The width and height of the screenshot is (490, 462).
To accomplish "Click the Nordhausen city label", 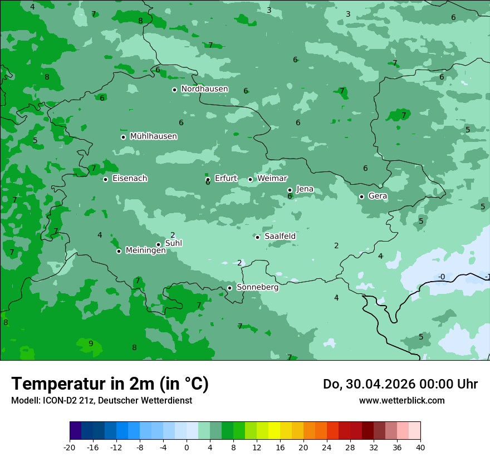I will [204, 89].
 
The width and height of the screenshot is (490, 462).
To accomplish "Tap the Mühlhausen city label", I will [153, 136].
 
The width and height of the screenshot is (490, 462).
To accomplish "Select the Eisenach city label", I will [130, 179].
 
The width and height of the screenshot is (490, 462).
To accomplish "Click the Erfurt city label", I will [226, 179].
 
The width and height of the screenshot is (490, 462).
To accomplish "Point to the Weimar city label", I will [272, 179].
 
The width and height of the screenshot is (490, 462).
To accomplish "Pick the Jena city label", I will [305, 189].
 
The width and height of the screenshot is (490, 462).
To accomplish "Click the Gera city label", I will [378, 196].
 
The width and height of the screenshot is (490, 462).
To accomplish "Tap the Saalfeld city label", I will [280, 237].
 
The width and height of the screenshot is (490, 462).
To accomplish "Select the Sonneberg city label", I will [257, 288].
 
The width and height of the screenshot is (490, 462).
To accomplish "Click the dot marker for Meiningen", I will [119, 251].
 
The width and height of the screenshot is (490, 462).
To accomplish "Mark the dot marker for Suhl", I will [159, 244].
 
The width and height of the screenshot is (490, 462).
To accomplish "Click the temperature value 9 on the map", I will [91, 343].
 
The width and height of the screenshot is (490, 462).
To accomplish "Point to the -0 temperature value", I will [441, 277].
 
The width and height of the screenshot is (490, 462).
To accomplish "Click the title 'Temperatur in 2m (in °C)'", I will [110, 384].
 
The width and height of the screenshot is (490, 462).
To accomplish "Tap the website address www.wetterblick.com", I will [401, 400].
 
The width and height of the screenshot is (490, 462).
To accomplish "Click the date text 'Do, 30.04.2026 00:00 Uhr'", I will [400, 384].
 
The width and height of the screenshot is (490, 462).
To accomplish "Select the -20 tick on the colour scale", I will [70, 448].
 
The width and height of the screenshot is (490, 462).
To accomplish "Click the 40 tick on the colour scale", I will [420, 448].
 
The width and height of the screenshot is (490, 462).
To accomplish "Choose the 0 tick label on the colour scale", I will [187, 448].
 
